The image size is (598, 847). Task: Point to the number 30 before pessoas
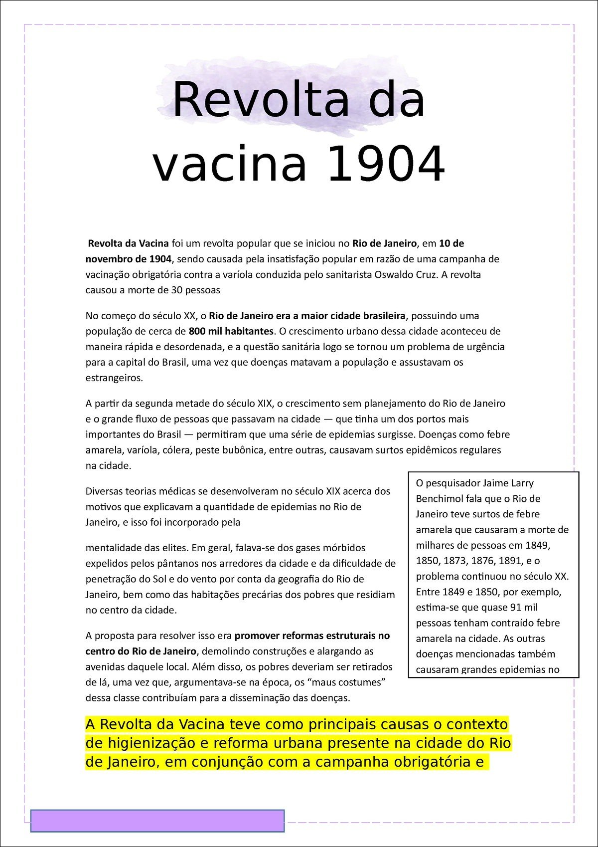click(x=176, y=290)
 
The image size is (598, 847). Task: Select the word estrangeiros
click(x=114, y=378)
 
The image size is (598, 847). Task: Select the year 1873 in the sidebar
click(x=454, y=561)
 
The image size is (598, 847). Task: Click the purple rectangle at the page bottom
click(x=157, y=821)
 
